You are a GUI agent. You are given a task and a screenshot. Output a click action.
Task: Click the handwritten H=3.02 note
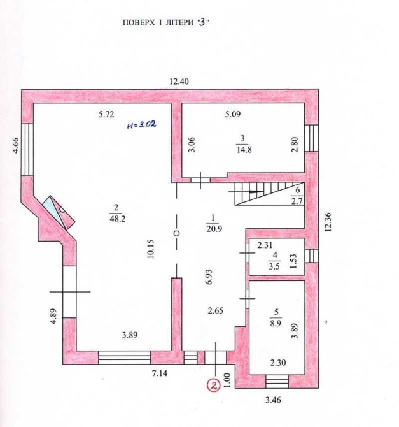[142, 125]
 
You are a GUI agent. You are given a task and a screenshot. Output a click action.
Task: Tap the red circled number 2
[214, 386]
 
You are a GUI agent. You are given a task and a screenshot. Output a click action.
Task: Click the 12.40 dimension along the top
[179, 82]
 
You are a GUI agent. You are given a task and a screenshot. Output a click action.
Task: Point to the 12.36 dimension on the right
[328, 222]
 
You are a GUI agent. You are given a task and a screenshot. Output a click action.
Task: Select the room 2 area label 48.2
[117, 219]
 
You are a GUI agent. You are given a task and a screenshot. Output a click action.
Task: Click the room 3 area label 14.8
[244, 150]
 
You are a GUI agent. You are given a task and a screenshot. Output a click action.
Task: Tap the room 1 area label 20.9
[214, 229]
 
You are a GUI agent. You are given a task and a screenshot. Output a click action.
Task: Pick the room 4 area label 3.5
[274, 266]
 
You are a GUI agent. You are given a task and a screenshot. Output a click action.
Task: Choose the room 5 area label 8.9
[276, 323]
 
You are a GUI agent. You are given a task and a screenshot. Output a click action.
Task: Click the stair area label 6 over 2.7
[297, 196]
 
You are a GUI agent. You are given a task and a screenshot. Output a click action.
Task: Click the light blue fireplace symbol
[59, 212]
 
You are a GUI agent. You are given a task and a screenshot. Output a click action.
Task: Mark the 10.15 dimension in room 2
[151, 249]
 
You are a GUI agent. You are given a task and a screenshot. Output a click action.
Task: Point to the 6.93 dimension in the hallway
[209, 277]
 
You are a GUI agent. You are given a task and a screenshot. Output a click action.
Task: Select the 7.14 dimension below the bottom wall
[159, 373]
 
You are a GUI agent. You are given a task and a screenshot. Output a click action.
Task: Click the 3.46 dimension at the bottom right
[273, 400]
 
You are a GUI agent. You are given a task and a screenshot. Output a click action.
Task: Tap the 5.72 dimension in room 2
[106, 114]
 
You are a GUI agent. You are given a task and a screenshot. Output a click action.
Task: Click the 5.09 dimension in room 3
[233, 114]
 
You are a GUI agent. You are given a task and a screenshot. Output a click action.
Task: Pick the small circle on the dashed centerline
[176, 233]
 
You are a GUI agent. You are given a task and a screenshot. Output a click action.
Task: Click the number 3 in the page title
[202, 22]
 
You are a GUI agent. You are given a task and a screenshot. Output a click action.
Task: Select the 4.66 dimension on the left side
[15, 145]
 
